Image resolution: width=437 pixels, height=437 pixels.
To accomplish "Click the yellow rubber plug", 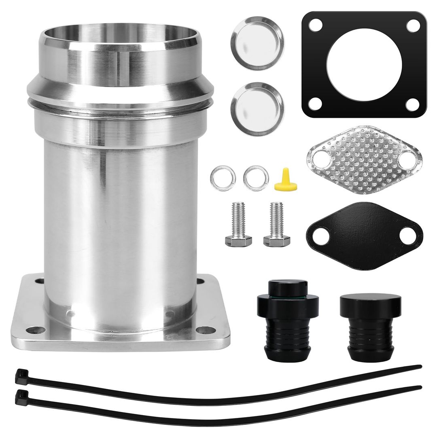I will coord(285,181).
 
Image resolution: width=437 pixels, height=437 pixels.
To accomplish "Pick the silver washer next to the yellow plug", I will coord(256,178).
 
